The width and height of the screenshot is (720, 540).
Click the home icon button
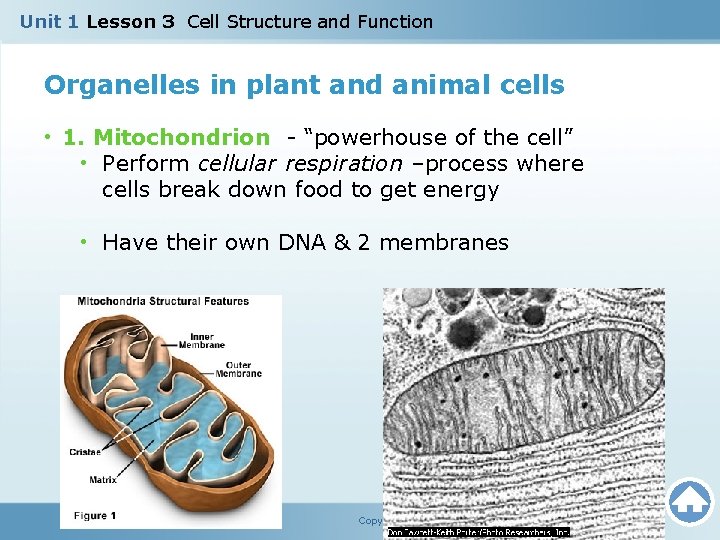click(x=689, y=502)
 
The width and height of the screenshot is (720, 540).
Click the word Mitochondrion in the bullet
click(x=181, y=137)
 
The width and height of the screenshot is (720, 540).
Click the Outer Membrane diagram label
click(x=240, y=369)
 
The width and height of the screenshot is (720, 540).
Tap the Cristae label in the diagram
click(x=85, y=452)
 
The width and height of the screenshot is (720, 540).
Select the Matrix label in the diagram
click(x=102, y=479)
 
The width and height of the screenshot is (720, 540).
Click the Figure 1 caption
click(x=95, y=516)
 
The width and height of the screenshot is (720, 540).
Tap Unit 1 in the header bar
click(x=48, y=21)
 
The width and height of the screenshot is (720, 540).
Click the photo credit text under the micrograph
click(x=477, y=532)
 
